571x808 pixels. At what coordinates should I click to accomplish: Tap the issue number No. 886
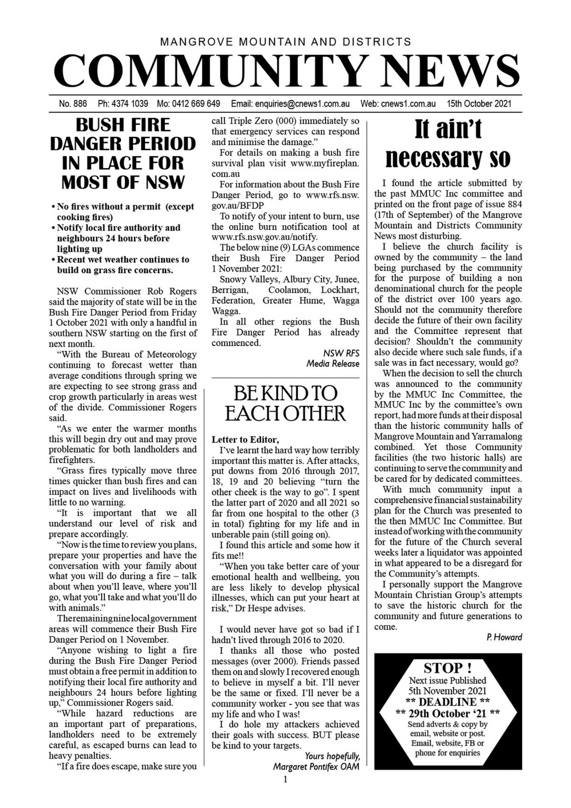click(73, 104)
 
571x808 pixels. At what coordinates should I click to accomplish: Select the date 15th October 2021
click(479, 104)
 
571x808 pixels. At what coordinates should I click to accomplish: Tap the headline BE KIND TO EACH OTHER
click(285, 403)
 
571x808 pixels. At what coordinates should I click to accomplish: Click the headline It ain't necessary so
click(448, 144)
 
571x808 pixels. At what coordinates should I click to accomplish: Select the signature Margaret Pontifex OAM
click(316, 766)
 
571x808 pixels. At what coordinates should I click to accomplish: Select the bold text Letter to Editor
click(245, 440)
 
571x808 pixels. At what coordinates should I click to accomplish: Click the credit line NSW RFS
click(341, 353)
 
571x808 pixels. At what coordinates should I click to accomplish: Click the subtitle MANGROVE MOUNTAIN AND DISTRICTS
click(285, 42)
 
